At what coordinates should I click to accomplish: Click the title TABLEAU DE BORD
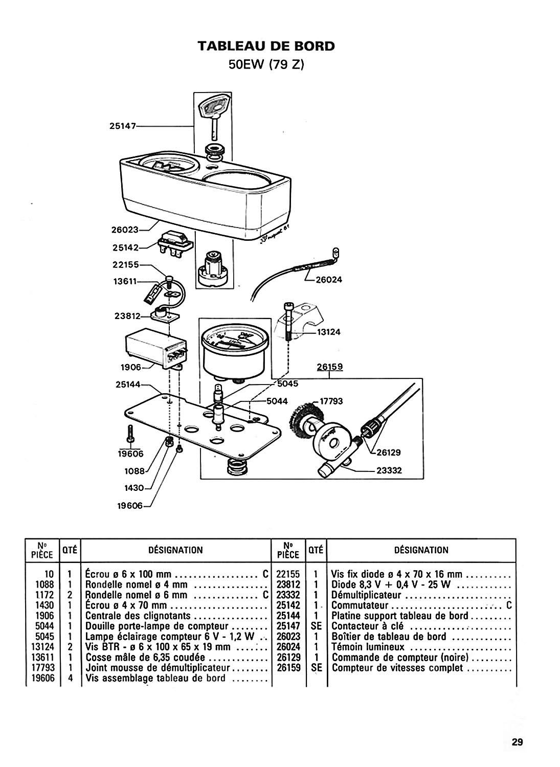266,46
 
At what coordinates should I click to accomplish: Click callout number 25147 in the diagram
123,126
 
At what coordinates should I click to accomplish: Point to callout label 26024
329,280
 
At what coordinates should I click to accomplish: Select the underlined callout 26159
330,367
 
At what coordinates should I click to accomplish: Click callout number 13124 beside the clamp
329,332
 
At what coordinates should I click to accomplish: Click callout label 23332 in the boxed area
389,470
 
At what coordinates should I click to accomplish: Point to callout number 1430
134,488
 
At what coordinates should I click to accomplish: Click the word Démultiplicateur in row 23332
366,595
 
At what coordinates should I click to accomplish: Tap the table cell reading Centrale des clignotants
138,616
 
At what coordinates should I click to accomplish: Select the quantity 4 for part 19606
70,678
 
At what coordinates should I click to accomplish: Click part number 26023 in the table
288,636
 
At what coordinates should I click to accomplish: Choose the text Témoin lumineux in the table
368,647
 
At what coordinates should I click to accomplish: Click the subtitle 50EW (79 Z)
266,65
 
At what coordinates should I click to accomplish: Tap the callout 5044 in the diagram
277,401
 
